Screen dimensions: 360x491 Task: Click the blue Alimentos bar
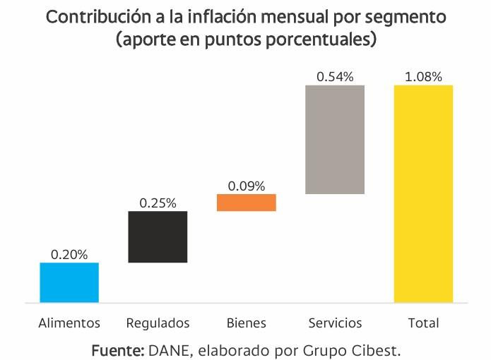point(69,282)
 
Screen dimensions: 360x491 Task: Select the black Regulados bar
point(158,236)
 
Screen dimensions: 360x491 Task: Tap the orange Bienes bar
point(246,203)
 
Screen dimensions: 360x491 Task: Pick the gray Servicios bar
point(335,139)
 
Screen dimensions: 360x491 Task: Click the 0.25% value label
point(158,203)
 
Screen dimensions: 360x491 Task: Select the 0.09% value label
point(246,186)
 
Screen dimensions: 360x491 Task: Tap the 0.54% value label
point(335,77)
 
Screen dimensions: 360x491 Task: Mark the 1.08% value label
point(423,77)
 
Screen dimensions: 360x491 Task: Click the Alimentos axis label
point(69,323)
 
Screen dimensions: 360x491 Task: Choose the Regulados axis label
point(158,323)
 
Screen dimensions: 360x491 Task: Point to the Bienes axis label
point(246,323)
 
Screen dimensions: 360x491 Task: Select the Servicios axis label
point(335,323)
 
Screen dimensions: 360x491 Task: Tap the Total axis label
point(423,323)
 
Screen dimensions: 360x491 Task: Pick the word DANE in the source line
point(170,349)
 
